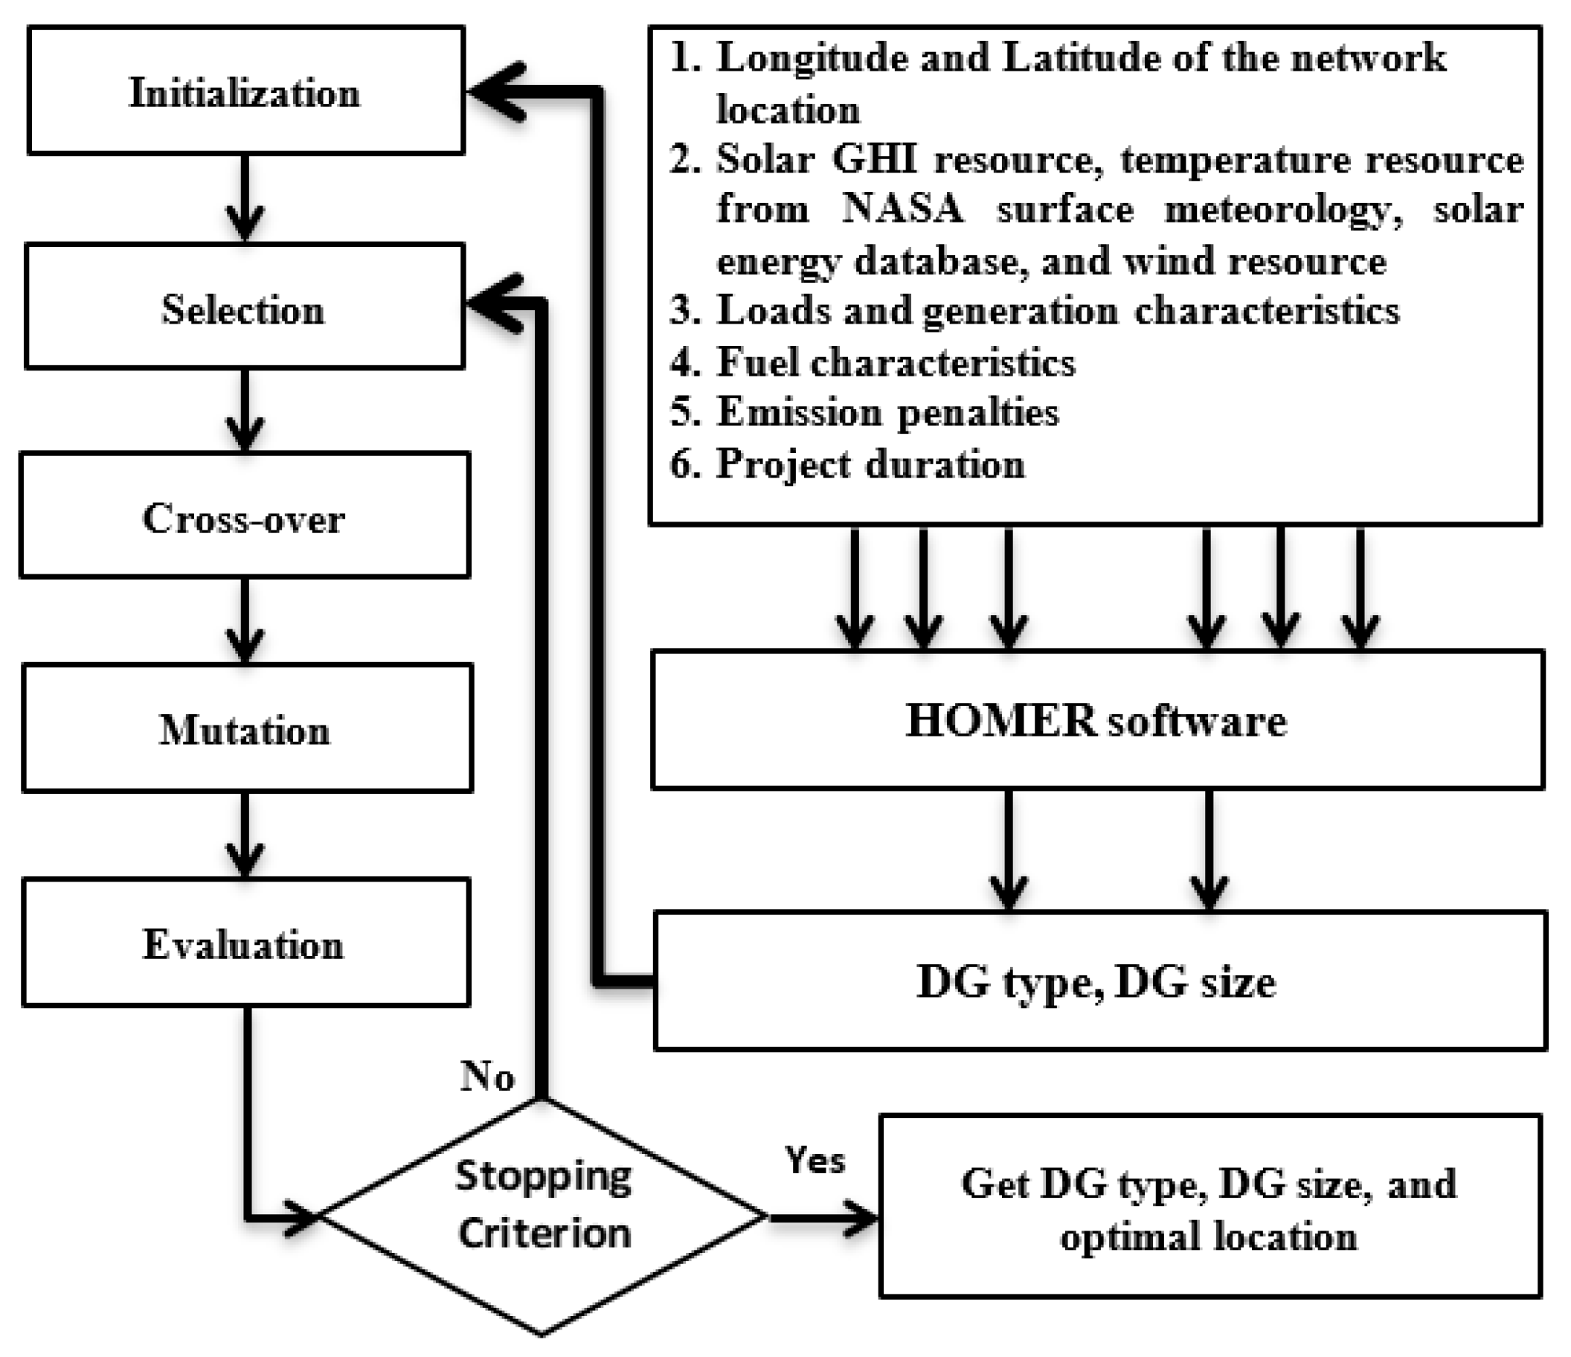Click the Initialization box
click(x=245, y=91)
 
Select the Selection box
click(x=243, y=307)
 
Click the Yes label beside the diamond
click(x=815, y=1160)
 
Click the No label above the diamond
click(x=486, y=1076)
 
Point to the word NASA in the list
click(x=902, y=208)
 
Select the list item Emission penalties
click(x=887, y=412)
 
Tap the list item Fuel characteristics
click(x=895, y=362)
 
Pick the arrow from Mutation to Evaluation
click(x=245, y=835)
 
